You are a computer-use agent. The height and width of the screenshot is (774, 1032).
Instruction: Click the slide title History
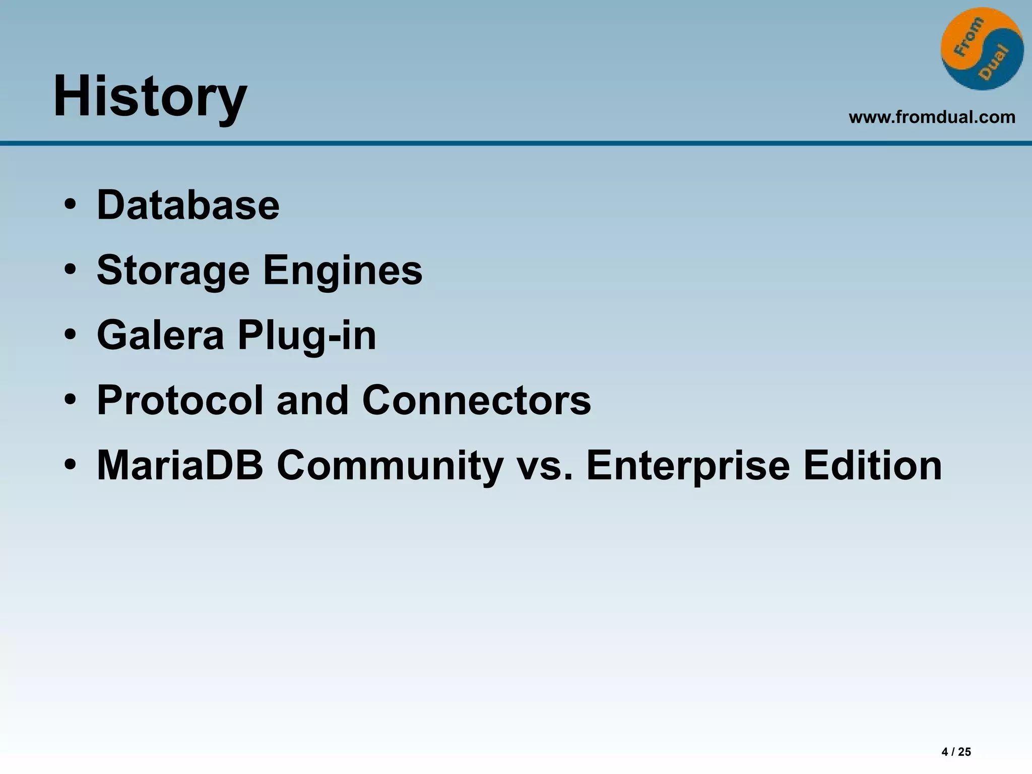pyautogui.click(x=150, y=96)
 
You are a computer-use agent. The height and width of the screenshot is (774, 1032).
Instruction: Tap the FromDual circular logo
pyautogui.click(x=982, y=49)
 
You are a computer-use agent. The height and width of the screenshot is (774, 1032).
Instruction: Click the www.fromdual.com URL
pyautogui.click(x=932, y=117)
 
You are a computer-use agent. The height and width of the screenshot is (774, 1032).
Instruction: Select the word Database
pyautogui.click(x=188, y=205)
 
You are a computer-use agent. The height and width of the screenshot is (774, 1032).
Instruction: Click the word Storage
pyautogui.click(x=173, y=271)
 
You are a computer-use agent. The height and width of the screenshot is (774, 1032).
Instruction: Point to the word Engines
pyautogui.click(x=343, y=271)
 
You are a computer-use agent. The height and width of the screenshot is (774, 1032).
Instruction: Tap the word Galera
pyautogui.click(x=160, y=336)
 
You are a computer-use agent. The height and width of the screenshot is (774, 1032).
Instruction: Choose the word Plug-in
pyautogui.click(x=307, y=336)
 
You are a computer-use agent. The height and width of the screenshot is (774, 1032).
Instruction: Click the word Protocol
pyautogui.click(x=180, y=400)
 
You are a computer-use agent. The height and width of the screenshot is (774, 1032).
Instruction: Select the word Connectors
pyautogui.click(x=476, y=400)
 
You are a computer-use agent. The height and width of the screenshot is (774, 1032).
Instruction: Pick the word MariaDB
pyautogui.click(x=180, y=465)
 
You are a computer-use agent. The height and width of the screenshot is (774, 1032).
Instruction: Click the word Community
pyautogui.click(x=390, y=465)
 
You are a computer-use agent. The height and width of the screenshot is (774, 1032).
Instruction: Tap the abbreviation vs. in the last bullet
pyautogui.click(x=545, y=465)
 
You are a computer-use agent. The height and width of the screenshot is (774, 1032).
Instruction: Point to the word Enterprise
pyautogui.click(x=687, y=465)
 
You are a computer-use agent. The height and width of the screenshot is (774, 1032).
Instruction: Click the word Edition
pyautogui.click(x=872, y=465)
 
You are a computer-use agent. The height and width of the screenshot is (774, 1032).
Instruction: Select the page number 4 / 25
pyautogui.click(x=956, y=752)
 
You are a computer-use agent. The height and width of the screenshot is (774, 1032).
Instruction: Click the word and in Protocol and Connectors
pyautogui.click(x=312, y=400)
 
